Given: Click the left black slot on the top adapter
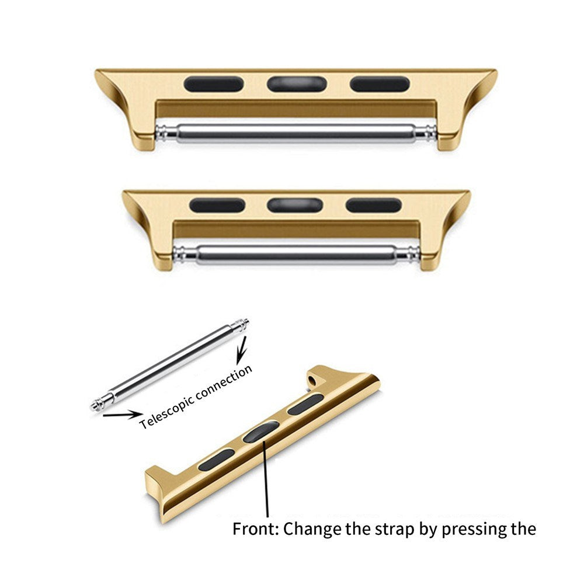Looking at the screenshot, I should pyautogui.click(x=213, y=84).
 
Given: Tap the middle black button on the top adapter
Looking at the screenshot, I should pyautogui.click(x=296, y=84).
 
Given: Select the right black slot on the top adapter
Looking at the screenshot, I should pyautogui.click(x=379, y=84).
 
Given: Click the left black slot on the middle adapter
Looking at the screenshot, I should pyautogui.click(x=217, y=205).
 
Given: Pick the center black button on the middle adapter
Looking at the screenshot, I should pyautogui.click(x=296, y=205).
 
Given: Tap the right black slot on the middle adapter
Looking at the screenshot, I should pyautogui.click(x=374, y=205).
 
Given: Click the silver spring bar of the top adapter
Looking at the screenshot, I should pyautogui.click(x=296, y=132).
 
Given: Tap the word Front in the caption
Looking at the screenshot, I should pyautogui.click(x=255, y=529).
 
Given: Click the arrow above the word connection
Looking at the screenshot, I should pyautogui.click(x=241, y=352).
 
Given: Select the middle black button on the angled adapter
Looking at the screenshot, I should pyautogui.click(x=259, y=432).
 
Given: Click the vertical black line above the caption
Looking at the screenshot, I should pyautogui.click(x=267, y=476).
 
